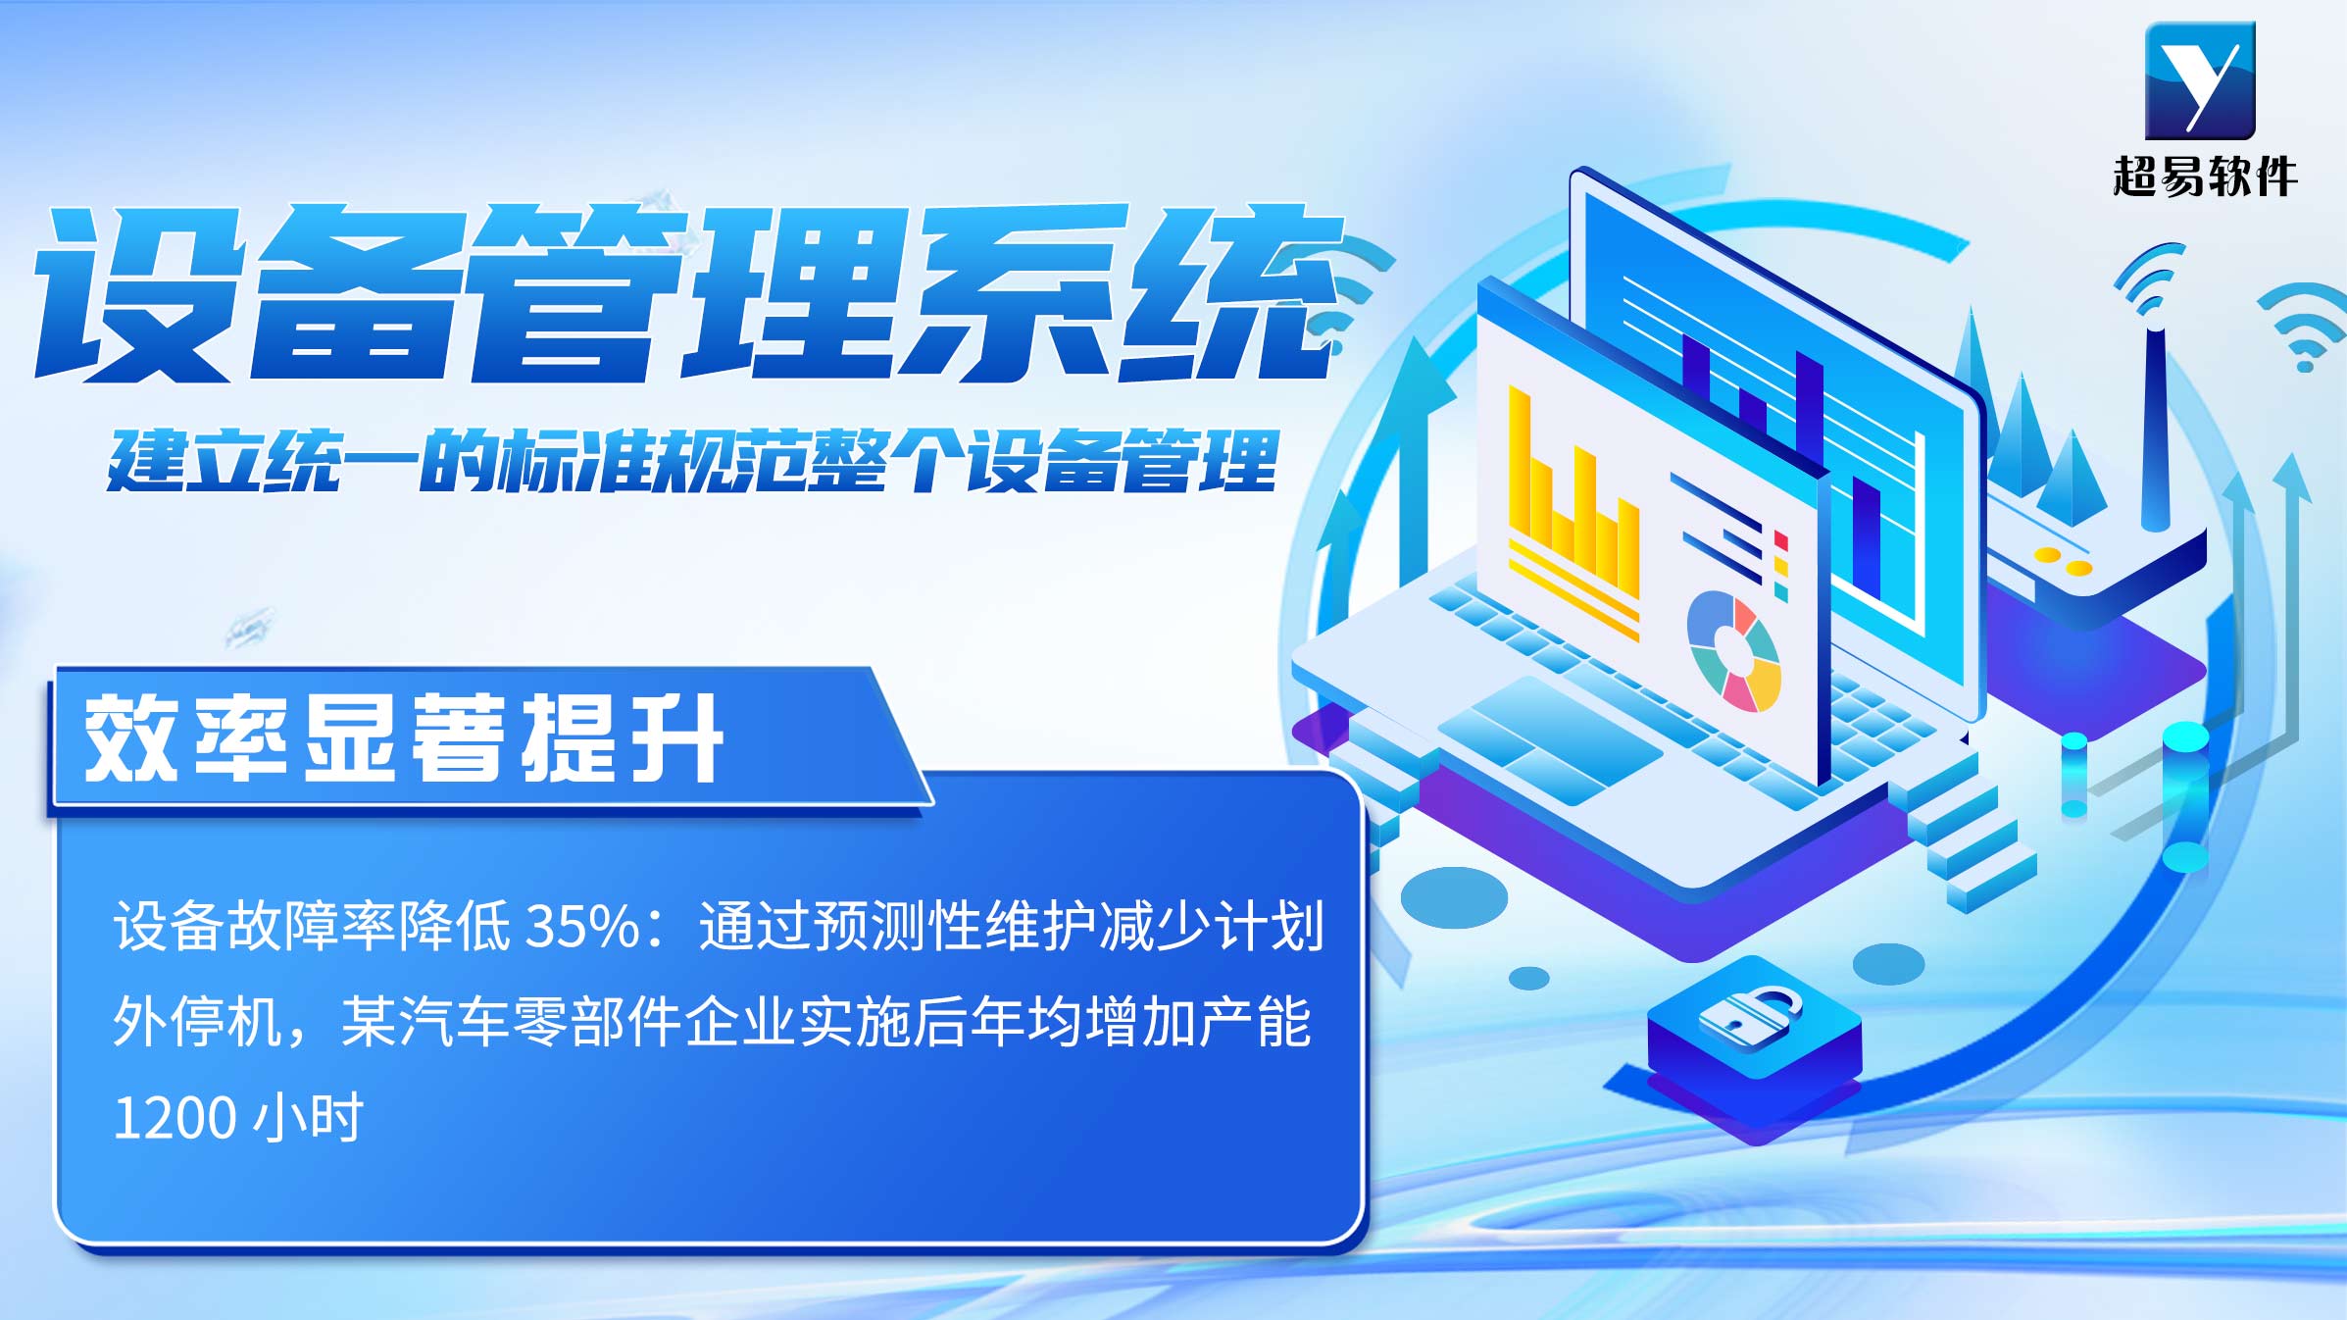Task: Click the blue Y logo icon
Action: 2200,80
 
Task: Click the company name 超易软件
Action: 2205,178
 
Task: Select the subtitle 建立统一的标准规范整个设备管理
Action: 693,460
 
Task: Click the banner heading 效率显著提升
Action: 404,738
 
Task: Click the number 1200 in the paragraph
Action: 175,1118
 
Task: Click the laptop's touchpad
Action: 1550,739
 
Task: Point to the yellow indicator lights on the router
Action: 2063,561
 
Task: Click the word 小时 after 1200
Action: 308,1118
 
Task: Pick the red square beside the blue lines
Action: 1781,541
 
